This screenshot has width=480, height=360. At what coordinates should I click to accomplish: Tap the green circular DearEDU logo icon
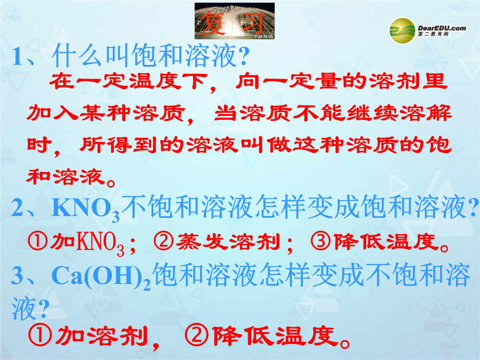tap(402, 31)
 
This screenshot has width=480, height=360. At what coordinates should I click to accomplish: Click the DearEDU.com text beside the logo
tap(442, 28)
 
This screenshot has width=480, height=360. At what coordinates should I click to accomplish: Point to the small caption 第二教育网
tap(433, 34)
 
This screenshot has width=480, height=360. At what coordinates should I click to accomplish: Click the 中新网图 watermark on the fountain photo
tap(263, 37)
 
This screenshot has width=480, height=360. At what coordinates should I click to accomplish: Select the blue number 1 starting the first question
tap(17, 56)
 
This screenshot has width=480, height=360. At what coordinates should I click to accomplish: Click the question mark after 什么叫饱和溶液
tap(244, 56)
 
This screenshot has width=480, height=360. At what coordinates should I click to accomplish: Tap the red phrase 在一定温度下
tap(128, 81)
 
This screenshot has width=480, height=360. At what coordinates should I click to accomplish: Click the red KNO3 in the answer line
tap(100, 244)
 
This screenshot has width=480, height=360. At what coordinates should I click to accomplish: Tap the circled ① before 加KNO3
tap(38, 241)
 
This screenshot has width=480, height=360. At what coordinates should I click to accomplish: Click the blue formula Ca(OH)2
tap(101, 276)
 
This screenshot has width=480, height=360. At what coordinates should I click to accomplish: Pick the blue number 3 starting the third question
tap(17, 275)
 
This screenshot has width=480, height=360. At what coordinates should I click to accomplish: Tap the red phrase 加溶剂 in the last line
tap(101, 336)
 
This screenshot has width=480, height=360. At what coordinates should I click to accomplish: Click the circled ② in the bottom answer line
tap(197, 335)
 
